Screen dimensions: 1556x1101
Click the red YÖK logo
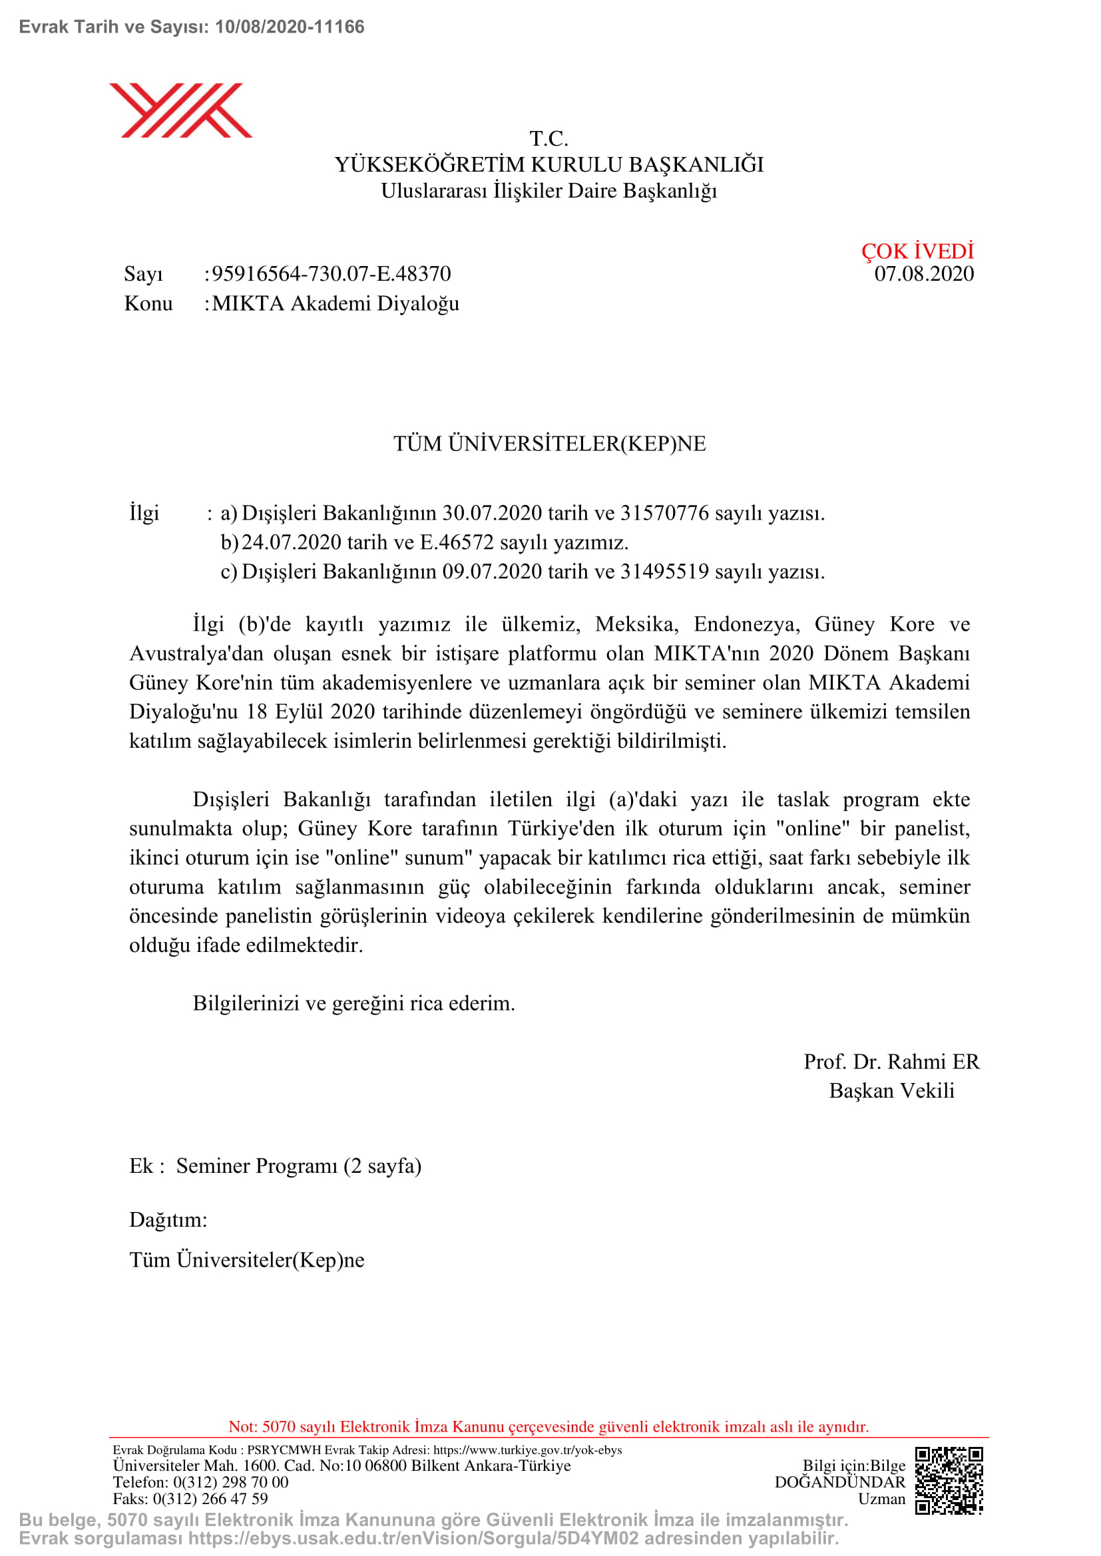click(x=180, y=110)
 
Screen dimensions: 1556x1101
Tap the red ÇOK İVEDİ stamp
click(x=917, y=251)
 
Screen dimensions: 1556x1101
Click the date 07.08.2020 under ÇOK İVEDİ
click(x=923, y=274)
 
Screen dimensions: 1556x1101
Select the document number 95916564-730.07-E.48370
click(x=331, y=274)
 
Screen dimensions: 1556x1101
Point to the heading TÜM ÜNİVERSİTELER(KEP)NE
click(x=550, y=444)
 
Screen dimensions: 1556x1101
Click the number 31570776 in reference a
click(x=664, y=513)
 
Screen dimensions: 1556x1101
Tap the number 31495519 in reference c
click(x=664, y=571)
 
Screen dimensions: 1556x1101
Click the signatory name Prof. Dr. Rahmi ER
click(x=891, y=1061)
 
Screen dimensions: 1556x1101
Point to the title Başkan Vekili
click(x=891, y=1090)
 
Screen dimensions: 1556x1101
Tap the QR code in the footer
click(x=949, y=1480)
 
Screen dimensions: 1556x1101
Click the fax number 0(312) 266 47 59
click(x=210, y=1498)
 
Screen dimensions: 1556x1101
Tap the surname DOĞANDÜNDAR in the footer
click(x=840, y=1482)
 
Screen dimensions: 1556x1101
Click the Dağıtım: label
click(x=168, y=1220)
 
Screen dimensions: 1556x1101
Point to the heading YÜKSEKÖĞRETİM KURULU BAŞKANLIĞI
click(x=549, y=165)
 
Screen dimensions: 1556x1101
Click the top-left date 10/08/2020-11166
click(x=290, y=27)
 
